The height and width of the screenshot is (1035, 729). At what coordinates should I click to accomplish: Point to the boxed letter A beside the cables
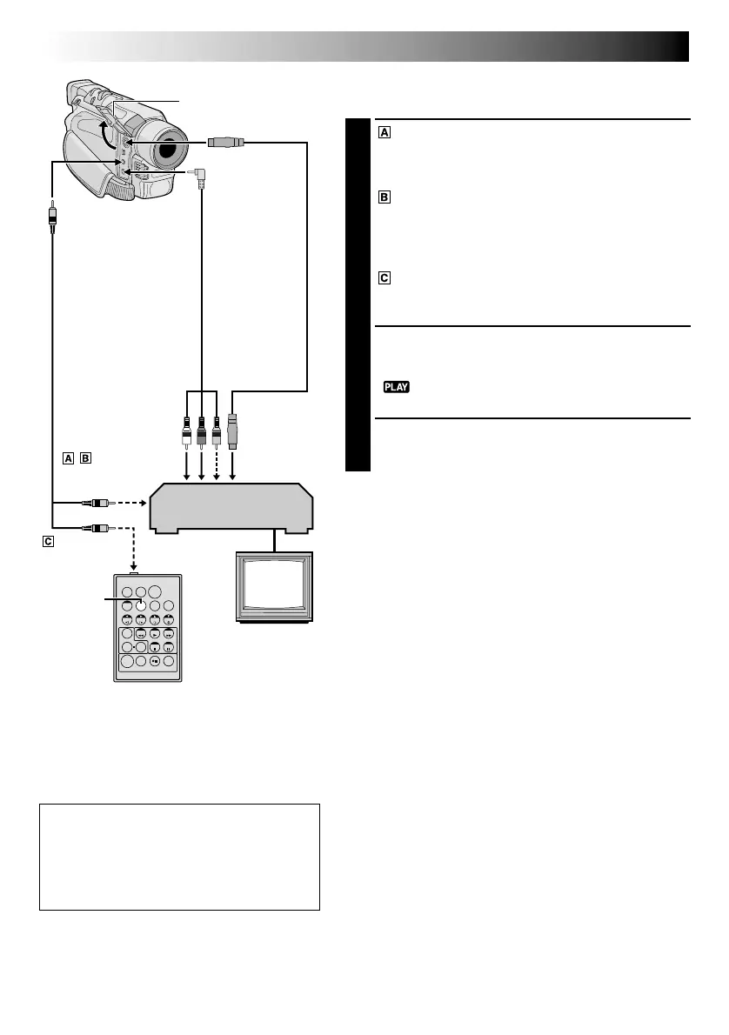68,457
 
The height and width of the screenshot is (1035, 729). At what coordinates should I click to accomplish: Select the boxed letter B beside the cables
84,457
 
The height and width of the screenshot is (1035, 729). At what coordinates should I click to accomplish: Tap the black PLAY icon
397,386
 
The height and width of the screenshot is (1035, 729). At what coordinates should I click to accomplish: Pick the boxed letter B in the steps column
385,197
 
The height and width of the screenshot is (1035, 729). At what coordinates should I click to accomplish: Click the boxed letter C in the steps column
385,279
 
